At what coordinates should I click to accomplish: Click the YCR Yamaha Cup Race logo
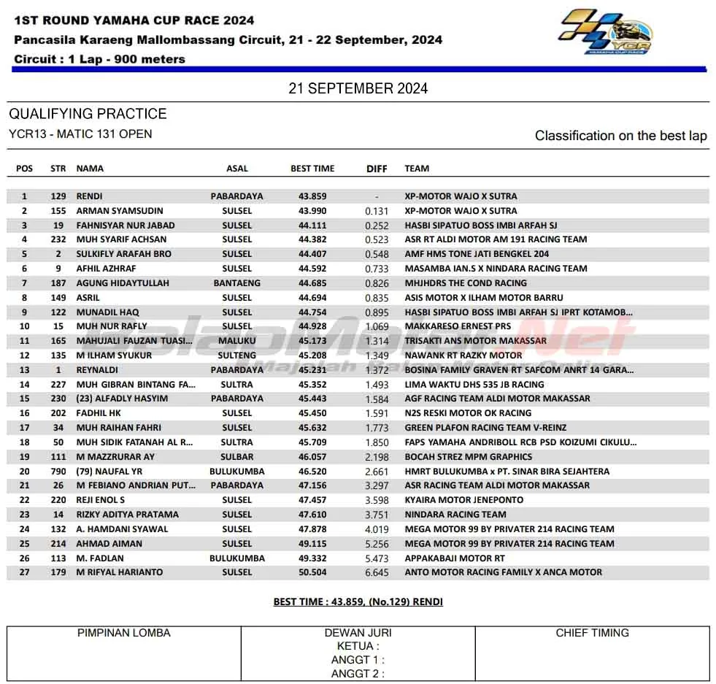click(x=605, y=32)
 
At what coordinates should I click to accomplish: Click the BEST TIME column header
click(x=312, y=169)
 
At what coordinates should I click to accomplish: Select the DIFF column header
click(x=377, y=169)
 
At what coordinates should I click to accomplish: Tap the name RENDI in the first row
click(x=89, y=196)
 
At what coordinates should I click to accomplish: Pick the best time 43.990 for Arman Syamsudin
click(x=312, y=211)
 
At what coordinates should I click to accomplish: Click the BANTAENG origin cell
click(x=237, y=283)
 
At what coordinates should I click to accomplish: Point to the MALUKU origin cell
click(x=237, y=341)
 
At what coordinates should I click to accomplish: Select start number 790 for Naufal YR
click(x=58, y=472)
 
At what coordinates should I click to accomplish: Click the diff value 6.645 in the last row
click(x=377, y=572)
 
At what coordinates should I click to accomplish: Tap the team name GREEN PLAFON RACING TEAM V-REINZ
click(x=485, y=428)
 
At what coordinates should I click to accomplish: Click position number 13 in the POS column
click(x=25, y=370)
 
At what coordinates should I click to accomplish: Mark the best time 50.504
click(x=312, y=572)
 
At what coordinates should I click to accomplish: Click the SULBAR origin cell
click(x=237, y=457)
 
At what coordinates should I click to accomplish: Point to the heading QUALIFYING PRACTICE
click(x=88, y=114)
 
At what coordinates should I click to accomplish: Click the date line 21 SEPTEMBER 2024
click(x=358, y=88)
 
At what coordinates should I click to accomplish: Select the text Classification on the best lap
click(x=620, y=136)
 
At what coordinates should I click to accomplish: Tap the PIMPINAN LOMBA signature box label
click(x=124, y=633)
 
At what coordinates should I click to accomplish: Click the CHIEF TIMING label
click(x=592, y=633)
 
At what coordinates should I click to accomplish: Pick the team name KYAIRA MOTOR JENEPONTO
click(x=464, y=500)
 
